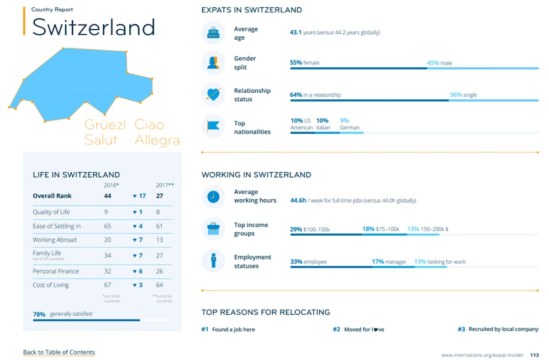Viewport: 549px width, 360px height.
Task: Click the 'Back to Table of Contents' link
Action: click(x=59, y=352)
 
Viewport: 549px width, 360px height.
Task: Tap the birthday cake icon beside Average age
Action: click(x=213, y=33)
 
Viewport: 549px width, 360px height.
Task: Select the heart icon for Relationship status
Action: click(x=213, y=94)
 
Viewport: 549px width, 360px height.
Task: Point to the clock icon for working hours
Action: click(x=213, y=197)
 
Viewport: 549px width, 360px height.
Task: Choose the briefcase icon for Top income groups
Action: click(x=213, y=229)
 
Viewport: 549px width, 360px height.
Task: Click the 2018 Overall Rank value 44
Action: click(x=108, y=196)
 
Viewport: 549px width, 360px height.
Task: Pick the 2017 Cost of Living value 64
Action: click(x=159, y=285)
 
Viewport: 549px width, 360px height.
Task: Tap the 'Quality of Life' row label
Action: click(x=51, y=212)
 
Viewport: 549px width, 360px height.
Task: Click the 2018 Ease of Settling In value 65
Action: click(x=108, y=226)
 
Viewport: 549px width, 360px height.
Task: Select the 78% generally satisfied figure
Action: click(x=39, y=314)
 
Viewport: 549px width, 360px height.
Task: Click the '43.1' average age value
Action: click(x=295, y=32)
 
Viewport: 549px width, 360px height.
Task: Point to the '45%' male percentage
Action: click(x=433, y=63)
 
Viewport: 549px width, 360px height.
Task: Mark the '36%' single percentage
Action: click(x=456, y=95)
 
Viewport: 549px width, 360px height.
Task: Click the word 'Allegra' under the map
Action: click(x=157, y=140)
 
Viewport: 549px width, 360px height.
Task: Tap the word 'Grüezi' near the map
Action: click(x=105, y=125)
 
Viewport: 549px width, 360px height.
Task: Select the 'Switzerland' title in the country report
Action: click(x=93, y=27)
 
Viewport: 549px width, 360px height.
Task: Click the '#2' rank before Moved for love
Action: click(x=336, y=329)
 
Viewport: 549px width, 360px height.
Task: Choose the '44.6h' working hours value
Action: click(x=298, y=200)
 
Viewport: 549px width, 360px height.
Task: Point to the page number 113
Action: click(x=534, y=354)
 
